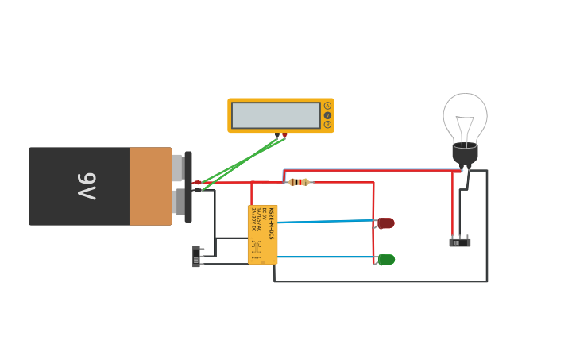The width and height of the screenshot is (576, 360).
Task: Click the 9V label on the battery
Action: (86, 186)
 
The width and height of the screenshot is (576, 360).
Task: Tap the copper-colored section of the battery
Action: (150, 186)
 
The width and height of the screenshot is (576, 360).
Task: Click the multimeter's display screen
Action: (276, 115)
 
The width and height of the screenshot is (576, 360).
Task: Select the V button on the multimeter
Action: (327, 115)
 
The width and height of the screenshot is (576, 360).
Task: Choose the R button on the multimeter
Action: (327, 125)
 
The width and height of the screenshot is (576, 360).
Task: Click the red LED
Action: (386, 223)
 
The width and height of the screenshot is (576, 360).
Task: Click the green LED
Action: (386, 260)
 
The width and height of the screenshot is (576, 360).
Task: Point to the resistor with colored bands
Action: (299, 182)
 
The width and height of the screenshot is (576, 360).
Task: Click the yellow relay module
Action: (263, 234)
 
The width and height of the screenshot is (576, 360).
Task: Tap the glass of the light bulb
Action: (465, 115)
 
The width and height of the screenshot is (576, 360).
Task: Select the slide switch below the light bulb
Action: (460, 242)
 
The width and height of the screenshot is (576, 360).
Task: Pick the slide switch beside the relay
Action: (196, 257)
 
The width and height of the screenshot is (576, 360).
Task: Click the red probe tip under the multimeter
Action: (284, 135)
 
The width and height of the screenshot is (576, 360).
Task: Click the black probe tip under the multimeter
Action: (276, 135)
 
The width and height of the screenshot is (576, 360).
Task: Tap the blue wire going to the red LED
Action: (326, 222)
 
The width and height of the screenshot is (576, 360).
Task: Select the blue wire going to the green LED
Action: (326, 257)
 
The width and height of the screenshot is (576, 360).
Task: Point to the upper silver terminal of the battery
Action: (177, 168)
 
